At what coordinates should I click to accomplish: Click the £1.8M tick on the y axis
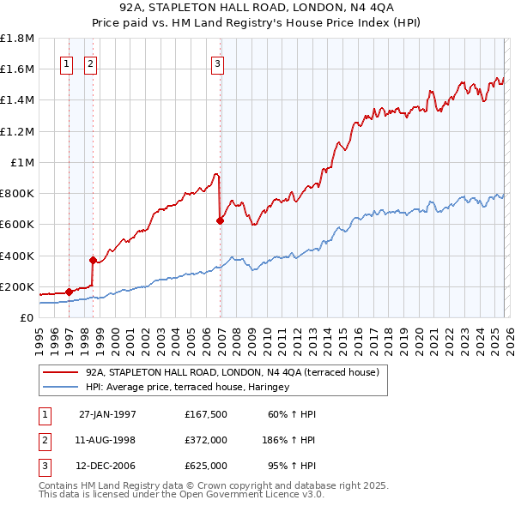[17, 39]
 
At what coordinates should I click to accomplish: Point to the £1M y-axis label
[22, 162]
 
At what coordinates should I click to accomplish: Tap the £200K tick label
[17, 286]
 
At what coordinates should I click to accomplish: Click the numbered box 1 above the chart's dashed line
[67, 63]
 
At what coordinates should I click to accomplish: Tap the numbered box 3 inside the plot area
[217, 63]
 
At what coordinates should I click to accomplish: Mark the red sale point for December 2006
[220, 220]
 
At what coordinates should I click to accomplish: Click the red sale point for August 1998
[93, 260]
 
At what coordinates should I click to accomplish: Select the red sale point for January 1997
[70, 292]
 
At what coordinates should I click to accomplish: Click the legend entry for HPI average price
[187, 387]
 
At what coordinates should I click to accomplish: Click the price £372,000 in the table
[205, 439]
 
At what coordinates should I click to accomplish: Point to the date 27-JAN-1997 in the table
[107, 414]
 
